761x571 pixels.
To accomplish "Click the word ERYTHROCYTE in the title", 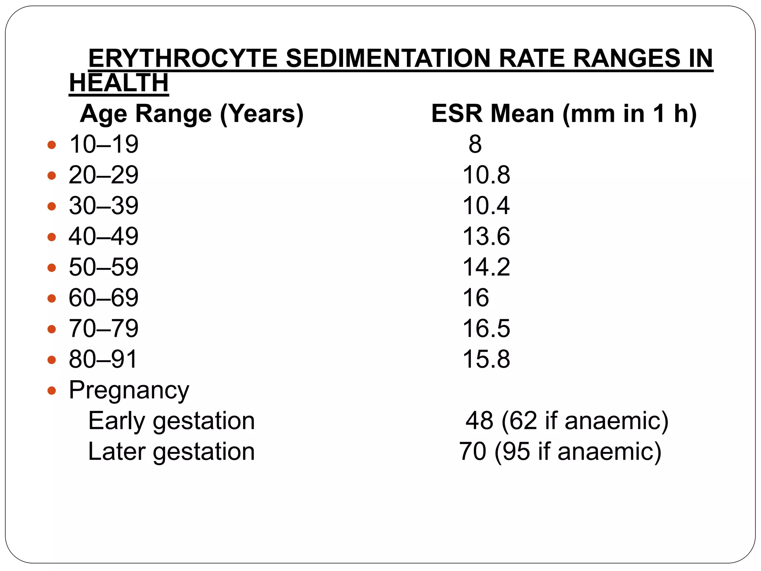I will (183, 59).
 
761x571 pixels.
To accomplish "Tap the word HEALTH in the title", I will (119, 83).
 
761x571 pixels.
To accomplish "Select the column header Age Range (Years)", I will (192, 114).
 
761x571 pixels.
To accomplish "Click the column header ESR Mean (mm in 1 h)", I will (564, 114).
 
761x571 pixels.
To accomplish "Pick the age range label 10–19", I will (104, 145).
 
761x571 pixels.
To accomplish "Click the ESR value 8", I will (475, 145).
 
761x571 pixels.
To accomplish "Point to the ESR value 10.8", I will (486, 175).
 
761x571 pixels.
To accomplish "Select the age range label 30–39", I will (104, 206).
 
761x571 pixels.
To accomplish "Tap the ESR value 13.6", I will (486, 237).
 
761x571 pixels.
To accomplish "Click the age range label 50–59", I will (104, 267).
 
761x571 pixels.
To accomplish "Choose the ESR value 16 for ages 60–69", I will (476, 298).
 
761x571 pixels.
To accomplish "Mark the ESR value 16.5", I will (486, 329).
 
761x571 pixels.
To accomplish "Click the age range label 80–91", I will (103, 359).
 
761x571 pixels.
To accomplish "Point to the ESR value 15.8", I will (486, 359).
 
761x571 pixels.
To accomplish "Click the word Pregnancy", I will (129, 390).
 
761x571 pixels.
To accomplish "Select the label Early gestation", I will (171, 421).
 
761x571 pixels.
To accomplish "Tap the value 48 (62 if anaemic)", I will (567, 421).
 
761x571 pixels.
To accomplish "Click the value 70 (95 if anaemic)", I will (560, 452).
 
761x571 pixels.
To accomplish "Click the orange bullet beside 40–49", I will (52, 237).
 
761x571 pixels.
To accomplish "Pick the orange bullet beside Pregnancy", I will (52, 390).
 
